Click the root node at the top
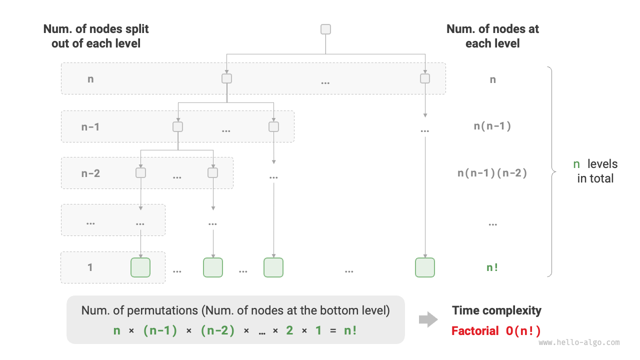325,29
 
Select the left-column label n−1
90,126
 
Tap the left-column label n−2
90,173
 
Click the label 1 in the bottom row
90,267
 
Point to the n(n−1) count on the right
492,126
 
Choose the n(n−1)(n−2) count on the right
492,173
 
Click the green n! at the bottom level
492,267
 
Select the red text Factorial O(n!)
496,330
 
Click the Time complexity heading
496,310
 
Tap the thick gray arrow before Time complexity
428,320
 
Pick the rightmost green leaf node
424,267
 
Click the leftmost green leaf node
140,267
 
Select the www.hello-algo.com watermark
579,343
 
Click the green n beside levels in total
576,164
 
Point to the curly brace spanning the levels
551,171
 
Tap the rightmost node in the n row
425,78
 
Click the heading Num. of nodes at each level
492,36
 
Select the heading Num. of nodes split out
96,36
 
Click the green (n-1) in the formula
160,330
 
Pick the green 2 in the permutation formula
289,330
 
